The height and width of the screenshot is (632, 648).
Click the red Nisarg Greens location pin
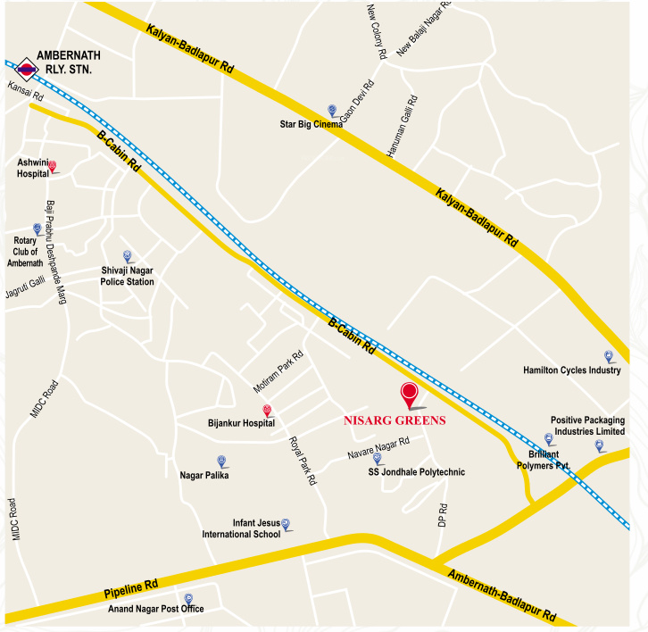[x=410, y=393]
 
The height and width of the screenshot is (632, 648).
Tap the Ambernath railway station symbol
[x=26, y=64]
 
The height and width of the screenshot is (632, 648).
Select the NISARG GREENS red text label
[x=394, y=420]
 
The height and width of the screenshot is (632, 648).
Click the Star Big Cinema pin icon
[x=332, y=111]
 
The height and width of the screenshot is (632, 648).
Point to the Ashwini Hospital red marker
[x=52, y=166]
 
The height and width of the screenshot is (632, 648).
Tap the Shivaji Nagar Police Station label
[x=127, y=276]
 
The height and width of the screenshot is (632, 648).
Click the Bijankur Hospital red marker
[x=266, y=410]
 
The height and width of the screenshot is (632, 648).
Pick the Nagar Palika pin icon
[x=222, y=462]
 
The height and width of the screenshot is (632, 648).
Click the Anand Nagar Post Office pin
[x=187, y=599]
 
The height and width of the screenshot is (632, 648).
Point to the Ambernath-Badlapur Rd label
[x=502, y=596]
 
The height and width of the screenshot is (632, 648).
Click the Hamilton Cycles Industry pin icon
[x=609, y=356]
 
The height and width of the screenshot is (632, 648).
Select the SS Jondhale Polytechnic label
[x=417, y=472]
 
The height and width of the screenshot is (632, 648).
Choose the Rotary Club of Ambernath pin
[x=37, y=229]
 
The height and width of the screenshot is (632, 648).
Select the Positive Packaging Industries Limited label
[x=586, y=426]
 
